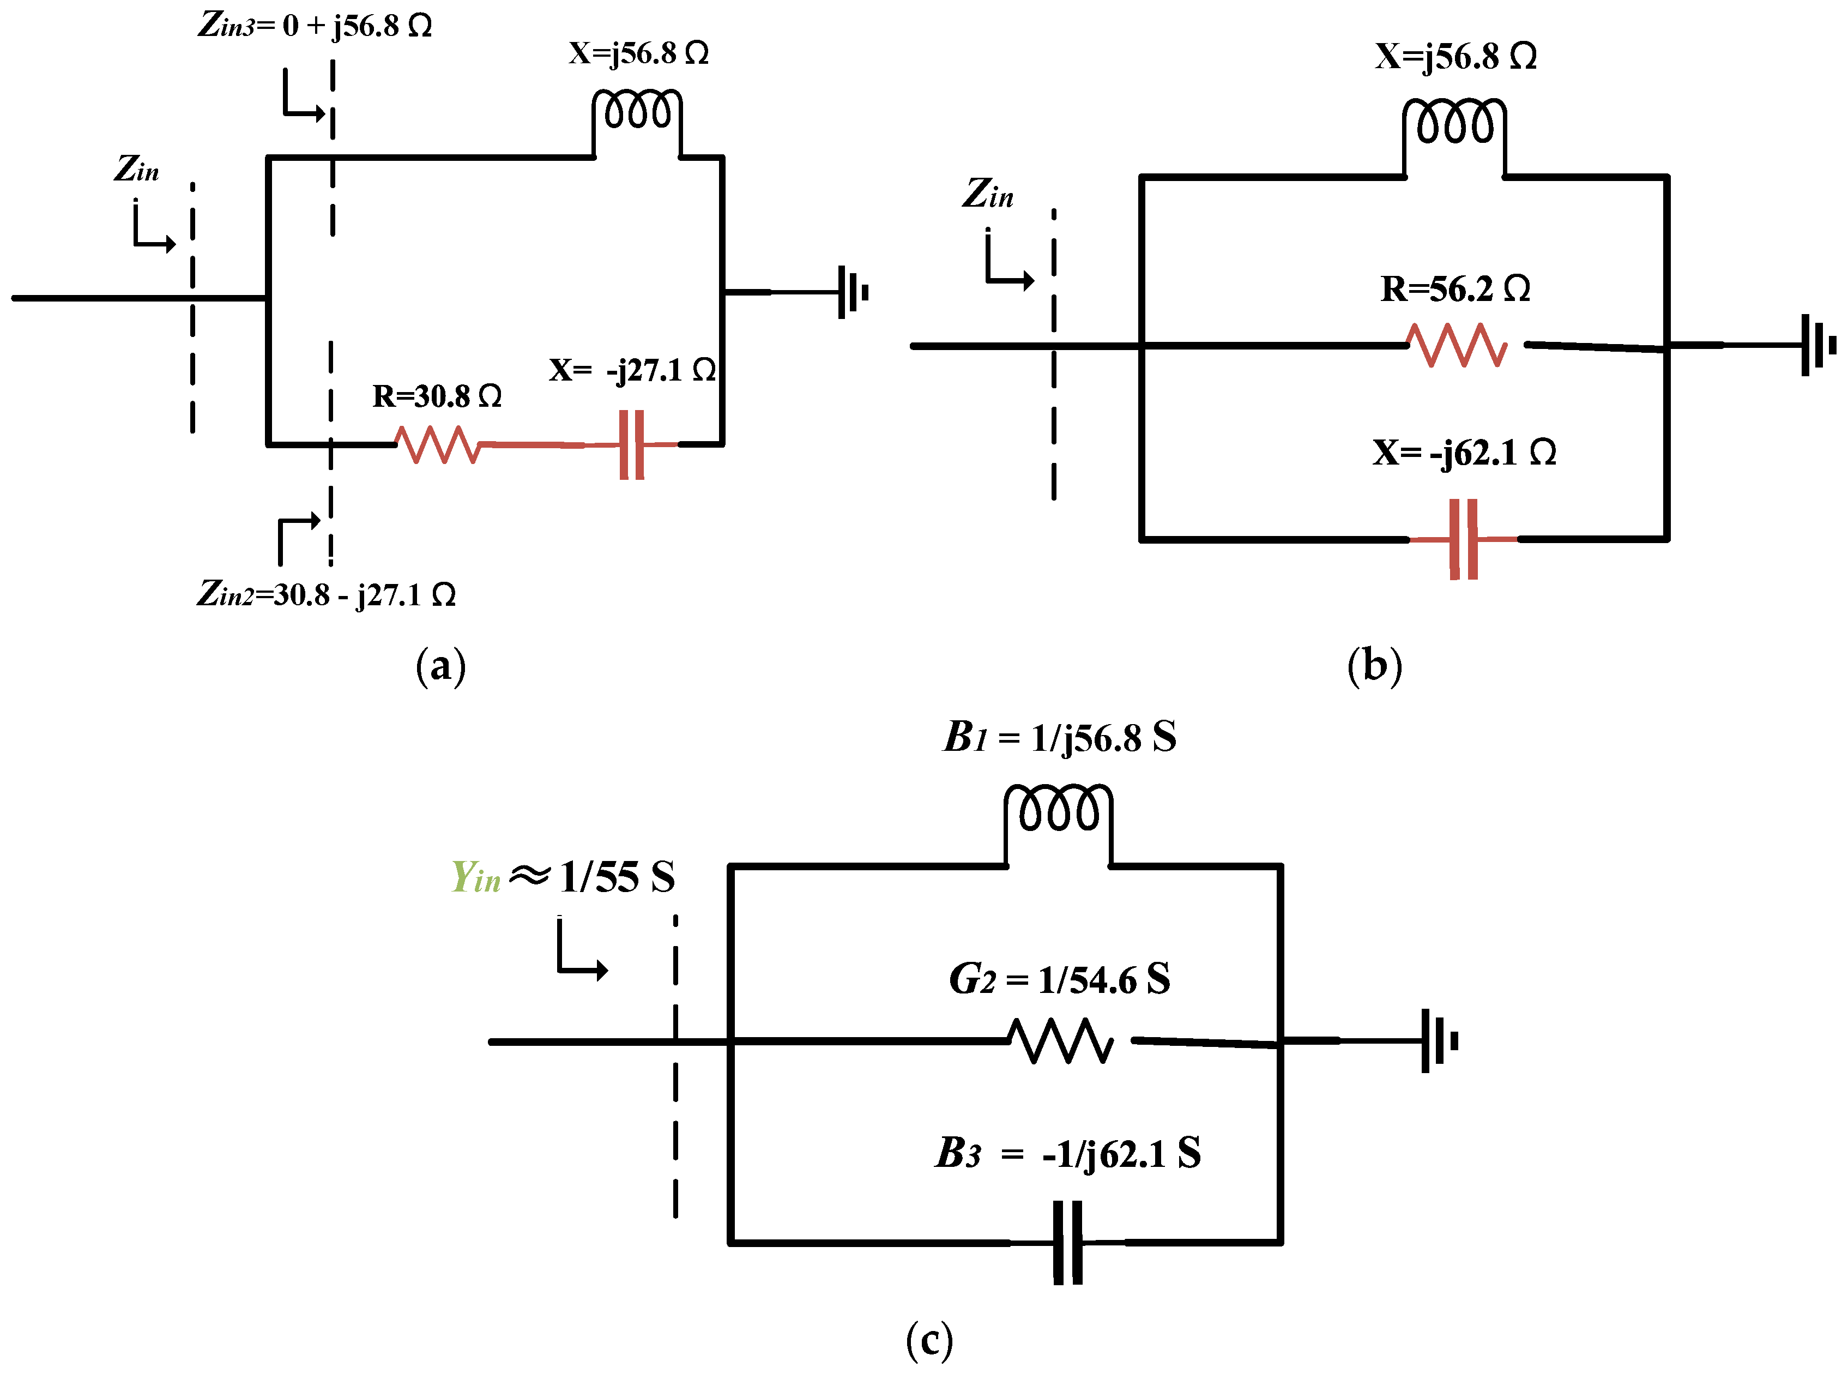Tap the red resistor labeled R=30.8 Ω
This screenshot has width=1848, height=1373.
pyautogui.click(x=438, y=444)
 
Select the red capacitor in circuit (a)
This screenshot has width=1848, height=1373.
pyautogui.click(x=631, y=444)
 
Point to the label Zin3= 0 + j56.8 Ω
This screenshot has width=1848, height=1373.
pyautogui.click(x=315, y=25)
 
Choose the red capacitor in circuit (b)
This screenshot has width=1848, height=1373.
pyautogui.click(x=1463, y=539)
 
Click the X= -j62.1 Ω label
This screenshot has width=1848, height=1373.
pyautogui.click(x=1464, y=452)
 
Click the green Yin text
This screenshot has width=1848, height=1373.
pyautogui.click(x=475, y=877)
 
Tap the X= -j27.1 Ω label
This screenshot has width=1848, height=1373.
pyautogui.click(x=631, y=370)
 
